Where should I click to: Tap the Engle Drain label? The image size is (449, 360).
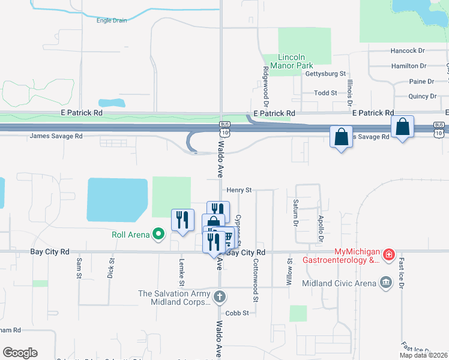pos(112,20)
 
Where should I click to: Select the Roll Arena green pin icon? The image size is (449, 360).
pos(158,234)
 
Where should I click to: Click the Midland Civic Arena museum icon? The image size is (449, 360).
pos(385,282)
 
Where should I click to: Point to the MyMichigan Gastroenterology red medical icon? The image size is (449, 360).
pos(389,256)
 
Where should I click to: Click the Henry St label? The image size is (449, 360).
pos(238,190)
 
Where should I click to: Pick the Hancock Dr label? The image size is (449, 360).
pos(407,52)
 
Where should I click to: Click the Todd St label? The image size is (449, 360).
pos(326,93)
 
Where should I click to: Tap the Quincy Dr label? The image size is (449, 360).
pos(422,96)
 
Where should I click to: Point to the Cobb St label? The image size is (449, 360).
pos(237,313)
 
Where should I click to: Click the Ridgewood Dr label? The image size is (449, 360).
pos(265,83)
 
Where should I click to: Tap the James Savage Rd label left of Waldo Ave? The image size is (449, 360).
pos(56,136)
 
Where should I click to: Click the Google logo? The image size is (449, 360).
pos(20,353)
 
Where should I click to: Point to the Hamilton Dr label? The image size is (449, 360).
pos(408,66)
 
